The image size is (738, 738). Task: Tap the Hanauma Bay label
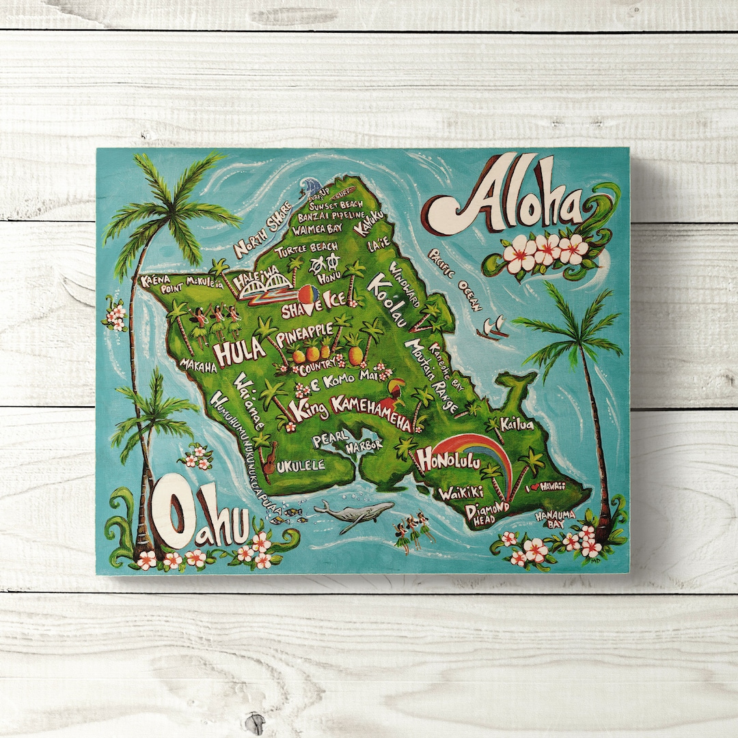[555, 518]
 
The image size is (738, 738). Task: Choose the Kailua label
[517, 424]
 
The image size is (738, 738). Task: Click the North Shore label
[262, 229]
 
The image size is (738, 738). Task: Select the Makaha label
[198, 365]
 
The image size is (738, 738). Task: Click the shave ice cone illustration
[308, 298]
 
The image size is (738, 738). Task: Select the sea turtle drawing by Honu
[320, 264]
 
